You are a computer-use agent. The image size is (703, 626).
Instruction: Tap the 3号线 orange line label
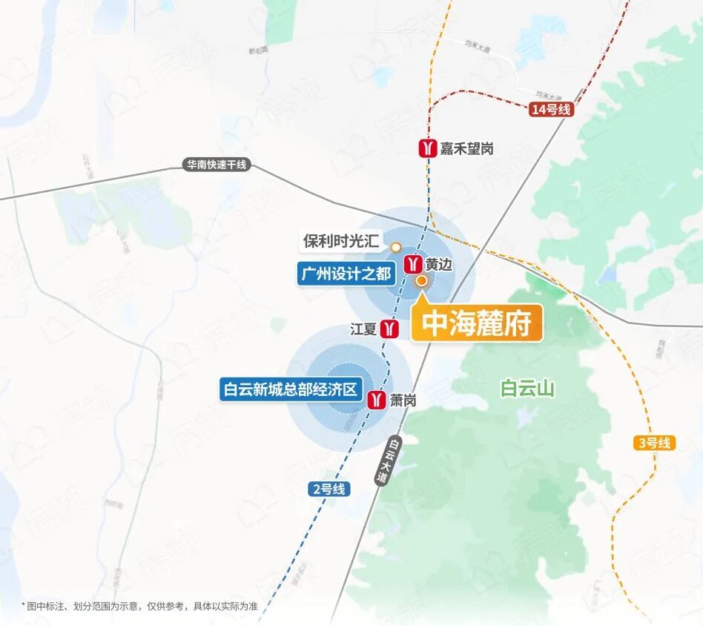[x=654, y=443]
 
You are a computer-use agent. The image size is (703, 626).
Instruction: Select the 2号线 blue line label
[x=328, y=489]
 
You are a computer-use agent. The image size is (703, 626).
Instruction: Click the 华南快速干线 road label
[x=217, y=165]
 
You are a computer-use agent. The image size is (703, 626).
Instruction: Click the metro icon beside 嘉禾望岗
[x=427, y=149]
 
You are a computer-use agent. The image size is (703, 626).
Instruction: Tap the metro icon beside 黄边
[x=413, y=264]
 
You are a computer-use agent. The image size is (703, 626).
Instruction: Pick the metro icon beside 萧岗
[x=377, y=400]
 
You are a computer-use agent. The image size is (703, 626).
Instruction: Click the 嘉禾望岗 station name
[x=466, y=149]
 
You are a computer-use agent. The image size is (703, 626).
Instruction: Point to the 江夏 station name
[x=363, y=329]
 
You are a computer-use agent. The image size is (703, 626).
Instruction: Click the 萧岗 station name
[x=403, y=401]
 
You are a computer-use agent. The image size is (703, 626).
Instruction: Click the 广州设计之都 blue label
[x=345, y=274]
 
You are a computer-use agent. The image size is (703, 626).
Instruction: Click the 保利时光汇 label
[x=341, y=242]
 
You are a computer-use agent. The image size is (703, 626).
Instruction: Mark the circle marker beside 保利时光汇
[x=396, y=247]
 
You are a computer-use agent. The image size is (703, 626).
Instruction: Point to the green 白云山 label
[x=528, y=389]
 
